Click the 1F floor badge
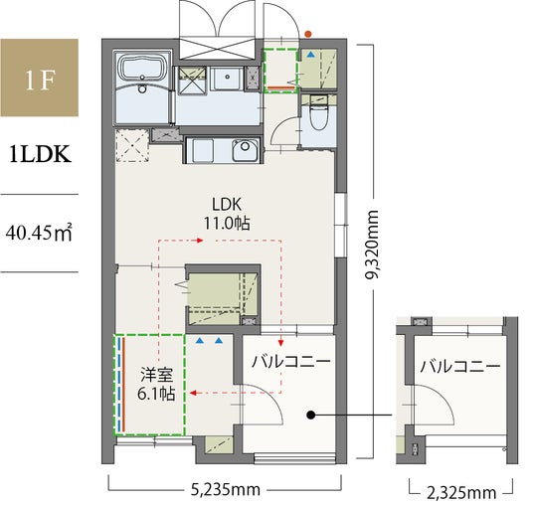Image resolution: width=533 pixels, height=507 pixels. coord(40,78)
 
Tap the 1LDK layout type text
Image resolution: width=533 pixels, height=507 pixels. coord(40,155)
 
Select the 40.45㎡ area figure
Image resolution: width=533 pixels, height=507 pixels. coord(39,233)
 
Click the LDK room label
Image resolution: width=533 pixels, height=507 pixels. coord(227,205)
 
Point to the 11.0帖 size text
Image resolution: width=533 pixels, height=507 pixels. coord(227,224)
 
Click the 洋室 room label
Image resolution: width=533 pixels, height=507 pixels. coord(157,375)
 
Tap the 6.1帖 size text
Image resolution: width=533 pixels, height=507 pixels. coord(156,393)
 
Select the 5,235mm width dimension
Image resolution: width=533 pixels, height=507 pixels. coord(226,490)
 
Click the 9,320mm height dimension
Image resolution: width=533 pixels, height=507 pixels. coord(372,245)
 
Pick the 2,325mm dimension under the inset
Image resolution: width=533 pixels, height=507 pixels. coord(461,493)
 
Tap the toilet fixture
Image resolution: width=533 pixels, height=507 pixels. coord(319,115)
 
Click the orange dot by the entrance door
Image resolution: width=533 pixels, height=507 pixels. coord(308,34)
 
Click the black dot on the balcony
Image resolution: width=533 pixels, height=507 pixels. coord(310,415)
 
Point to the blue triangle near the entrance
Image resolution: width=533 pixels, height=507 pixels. coord(311,55)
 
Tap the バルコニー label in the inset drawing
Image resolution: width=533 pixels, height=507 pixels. coord(460,366)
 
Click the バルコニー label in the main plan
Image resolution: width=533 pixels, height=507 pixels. coord(291,362)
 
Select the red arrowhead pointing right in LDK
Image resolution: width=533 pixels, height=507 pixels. coord(200,241)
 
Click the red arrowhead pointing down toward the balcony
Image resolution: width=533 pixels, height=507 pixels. coord(280,343)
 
